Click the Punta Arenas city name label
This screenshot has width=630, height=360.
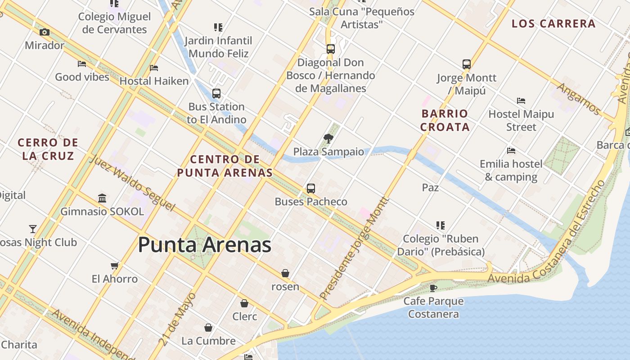[204, 245]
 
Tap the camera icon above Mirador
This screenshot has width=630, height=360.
[44, 32]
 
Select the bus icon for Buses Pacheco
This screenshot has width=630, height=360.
[310, 188]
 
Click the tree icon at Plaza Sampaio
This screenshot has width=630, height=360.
[328, 138]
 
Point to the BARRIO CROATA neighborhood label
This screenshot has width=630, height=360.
[445, 120]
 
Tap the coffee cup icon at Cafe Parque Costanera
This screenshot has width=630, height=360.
[433, 288]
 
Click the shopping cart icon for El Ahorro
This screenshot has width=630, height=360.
[115, 265]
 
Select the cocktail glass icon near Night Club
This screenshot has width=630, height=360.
[33, 229]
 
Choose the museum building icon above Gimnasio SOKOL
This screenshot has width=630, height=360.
[102, 198]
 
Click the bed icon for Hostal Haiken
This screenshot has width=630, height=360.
[154, 68]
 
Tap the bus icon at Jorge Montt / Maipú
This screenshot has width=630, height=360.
[466, 64]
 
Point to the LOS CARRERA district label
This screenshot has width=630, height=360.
[553, 24]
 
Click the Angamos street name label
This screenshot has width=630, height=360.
[578, 99]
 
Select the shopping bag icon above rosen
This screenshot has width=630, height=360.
[285, 273]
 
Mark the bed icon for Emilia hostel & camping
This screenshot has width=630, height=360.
[511, 150]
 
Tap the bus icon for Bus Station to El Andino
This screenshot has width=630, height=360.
[216, 94]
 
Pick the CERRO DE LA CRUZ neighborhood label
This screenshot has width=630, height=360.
[48, 149]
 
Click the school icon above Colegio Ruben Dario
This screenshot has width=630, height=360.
[440, 225]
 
